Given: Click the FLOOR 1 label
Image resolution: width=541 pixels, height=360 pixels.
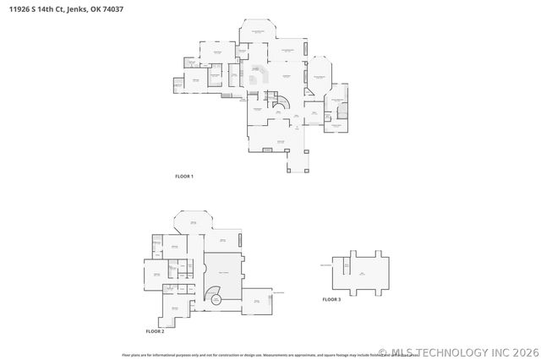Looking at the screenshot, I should pyautogui.click(x=184, y=176).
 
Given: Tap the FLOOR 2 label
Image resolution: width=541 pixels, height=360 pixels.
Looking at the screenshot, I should pyautogui.click(x=154, y=331).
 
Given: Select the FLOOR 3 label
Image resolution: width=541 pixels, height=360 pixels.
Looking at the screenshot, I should pyautogui.click(x=331, y=299).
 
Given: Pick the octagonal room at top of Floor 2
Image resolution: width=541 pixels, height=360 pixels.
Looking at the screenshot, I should pyautogui.click(x=192, y=223).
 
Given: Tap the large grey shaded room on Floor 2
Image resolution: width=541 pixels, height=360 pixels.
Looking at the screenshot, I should pyautogui.click(x=224, y=270).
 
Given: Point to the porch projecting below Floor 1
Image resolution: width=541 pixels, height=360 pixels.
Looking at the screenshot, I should pyautogui.click(x=296, y=161).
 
